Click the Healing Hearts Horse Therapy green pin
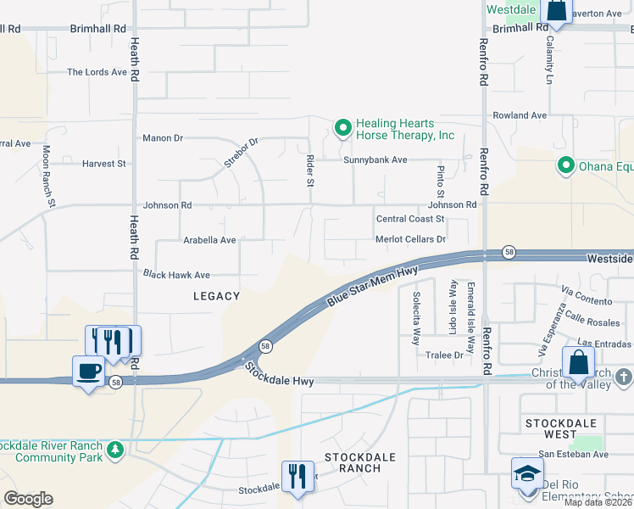pyautogui.click(x=343, y=129)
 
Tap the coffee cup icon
pyautogui.click(x=89, y=371)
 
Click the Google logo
pyautogui.click(x=28, y=499)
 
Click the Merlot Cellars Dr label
pyautogui.click(x=411, y=239)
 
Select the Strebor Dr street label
pyautogui.click(x=240, y=154)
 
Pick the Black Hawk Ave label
pyautogui.click(x=176, y=275)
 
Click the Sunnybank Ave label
pyautogui.click(x=375, y=159)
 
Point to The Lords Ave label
pyautogui.click(x=97, y=72)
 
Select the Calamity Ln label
pyautogui.click(x=549, y=58)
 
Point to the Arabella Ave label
pyautogui.click(x=209, y=240)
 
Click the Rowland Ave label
pyautogui.click(x=520, y=115)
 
